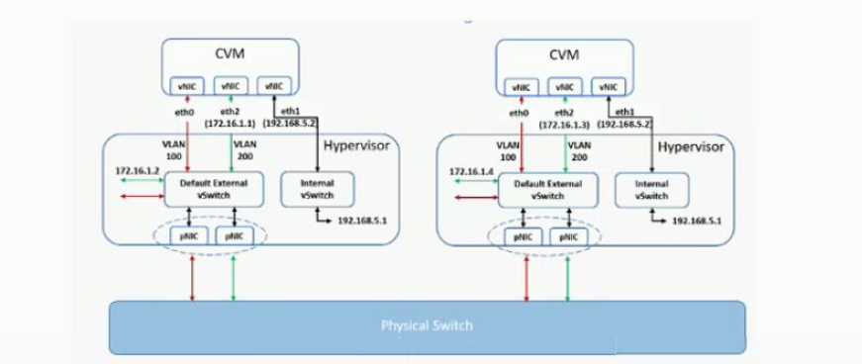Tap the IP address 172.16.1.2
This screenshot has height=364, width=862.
136,171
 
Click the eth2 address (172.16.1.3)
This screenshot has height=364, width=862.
564,126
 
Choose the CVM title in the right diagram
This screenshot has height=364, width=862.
563,53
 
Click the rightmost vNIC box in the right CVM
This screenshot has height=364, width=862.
605,87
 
